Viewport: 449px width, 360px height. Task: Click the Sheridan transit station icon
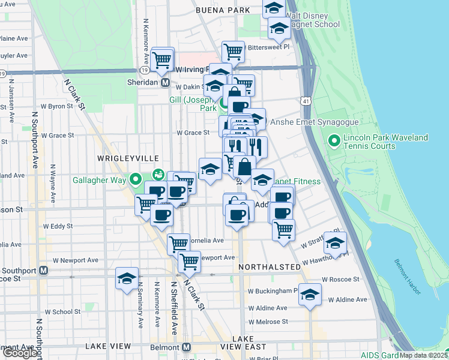164,83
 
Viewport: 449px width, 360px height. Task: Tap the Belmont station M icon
186,347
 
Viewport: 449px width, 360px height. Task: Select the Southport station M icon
43,270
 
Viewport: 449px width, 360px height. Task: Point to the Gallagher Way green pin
136,178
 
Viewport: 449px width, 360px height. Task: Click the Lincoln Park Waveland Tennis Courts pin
334,141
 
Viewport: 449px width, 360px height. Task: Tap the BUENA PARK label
223,11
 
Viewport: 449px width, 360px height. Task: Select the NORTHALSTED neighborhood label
268,266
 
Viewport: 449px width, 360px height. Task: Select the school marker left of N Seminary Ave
127,278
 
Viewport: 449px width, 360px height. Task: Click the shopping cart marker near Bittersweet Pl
233,52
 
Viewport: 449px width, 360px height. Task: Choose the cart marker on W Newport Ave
189,261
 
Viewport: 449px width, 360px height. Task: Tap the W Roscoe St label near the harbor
340,280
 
